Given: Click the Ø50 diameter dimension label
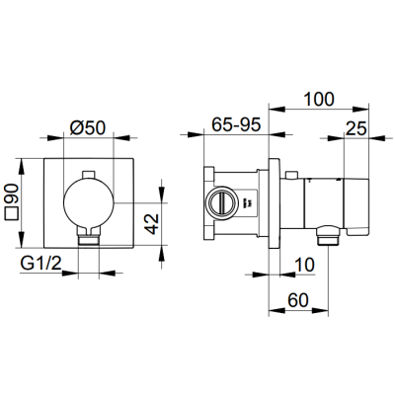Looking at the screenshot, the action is [x=88, y=127].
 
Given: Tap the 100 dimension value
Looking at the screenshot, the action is [x=319, y=99].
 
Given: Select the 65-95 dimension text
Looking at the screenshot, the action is [x=236, y=124].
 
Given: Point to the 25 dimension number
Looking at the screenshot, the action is [x=355, y=128].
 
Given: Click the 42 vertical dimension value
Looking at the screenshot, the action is [x=152, y=224].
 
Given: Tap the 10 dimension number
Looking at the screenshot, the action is [x=304, y=265].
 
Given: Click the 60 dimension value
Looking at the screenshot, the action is [x=298, y=300].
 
